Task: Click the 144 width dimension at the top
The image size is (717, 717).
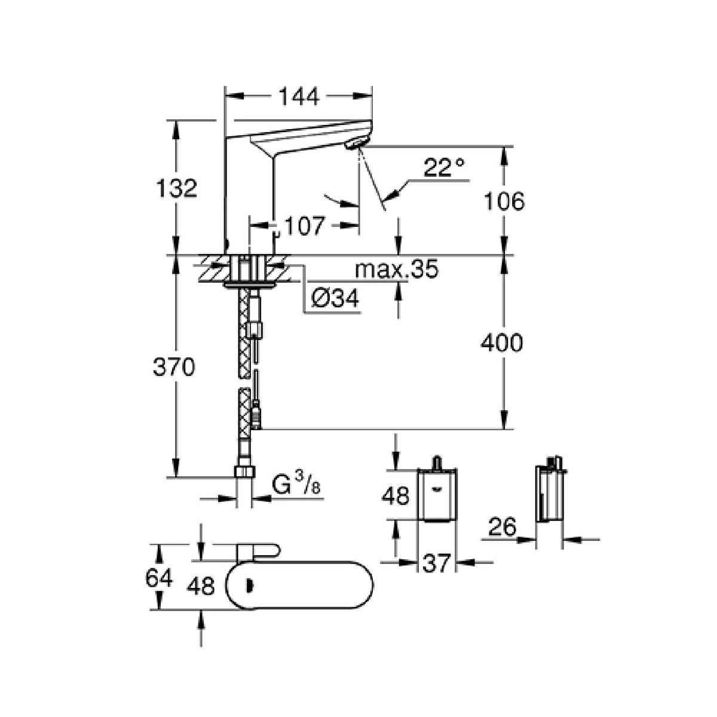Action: [x=299, y=97]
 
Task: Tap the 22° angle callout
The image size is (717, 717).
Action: [x=444, y=167]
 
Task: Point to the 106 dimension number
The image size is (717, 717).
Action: [x=504, y=201]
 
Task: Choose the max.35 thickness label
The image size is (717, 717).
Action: [x=397, y=269]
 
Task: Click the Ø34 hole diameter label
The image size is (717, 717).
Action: [x=335, y=298]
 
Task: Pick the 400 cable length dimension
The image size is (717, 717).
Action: [x=501, y=342]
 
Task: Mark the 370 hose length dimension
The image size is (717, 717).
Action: [x=174, y=367]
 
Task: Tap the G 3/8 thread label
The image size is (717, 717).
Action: [x=296, y=484]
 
